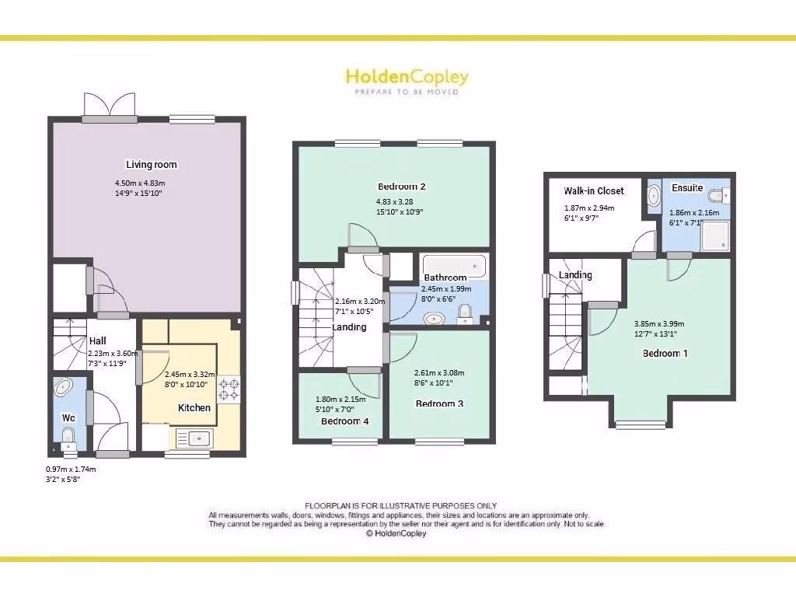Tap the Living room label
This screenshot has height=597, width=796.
[x=152, y=165]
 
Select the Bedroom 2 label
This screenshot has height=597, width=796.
[x=401, y=187]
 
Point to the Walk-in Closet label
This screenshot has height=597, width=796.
[x=594, y=191]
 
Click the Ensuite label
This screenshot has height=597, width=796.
[x=687, y=188]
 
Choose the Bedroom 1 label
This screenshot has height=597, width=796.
[x=665, y=353]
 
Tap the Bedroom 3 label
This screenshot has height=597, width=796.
[x=439, y=403]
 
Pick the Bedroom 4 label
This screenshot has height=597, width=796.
[x=345, y=421]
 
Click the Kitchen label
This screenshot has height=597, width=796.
[x=194, y=407]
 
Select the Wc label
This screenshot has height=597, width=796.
[x=68, y=417]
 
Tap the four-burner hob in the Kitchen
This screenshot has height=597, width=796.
[x=229, y=389]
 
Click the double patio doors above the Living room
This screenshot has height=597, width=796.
[x=110, y=106]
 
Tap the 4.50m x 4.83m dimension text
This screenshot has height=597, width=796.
[x=141, y=183]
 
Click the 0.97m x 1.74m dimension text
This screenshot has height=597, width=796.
[x=71, y=470]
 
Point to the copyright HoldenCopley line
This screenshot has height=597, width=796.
[x=396, y=533]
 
